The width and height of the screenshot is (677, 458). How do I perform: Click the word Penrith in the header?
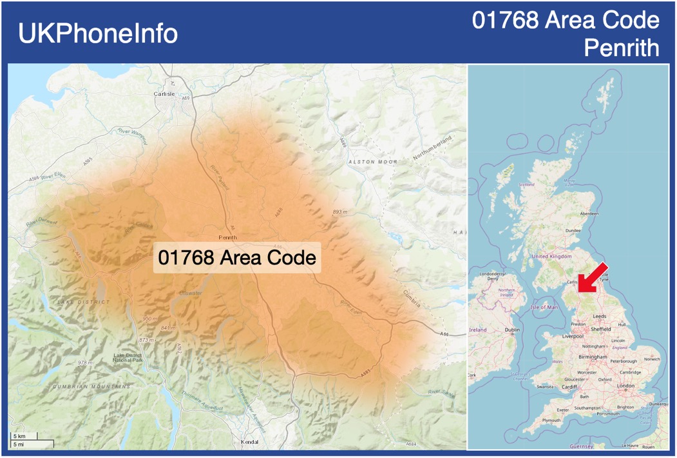pos(621,48)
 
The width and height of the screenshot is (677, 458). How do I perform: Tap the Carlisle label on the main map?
pos(164,94)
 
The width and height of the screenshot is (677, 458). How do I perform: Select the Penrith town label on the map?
pos(228,237)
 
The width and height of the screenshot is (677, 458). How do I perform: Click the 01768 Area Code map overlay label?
pos(237,258)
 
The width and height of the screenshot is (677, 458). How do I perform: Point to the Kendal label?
pos(249,442)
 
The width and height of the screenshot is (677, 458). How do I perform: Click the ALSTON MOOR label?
pos(373,161)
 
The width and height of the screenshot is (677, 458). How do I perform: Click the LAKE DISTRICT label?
pos(83,302)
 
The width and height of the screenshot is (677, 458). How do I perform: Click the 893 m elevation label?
pos(339,212)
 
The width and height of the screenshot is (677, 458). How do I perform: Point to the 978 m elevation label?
pos(85,363)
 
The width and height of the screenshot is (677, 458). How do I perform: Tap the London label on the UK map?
pos(625,386)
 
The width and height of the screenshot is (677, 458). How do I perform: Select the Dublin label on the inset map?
pos(513,330)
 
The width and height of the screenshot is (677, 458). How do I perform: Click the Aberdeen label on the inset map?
pos(589,214)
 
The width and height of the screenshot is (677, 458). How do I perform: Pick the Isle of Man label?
pos(544,307)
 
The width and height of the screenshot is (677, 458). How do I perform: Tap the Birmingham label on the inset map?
pos(593,357)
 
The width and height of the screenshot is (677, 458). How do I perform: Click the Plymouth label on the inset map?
pos(551,420)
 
